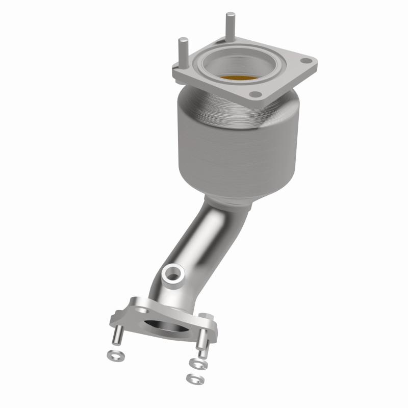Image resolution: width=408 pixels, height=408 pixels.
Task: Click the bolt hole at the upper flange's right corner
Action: coord(305,61)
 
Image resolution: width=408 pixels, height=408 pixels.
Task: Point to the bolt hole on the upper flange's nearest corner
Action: coord(253,95)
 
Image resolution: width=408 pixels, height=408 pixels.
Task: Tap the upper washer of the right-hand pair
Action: coord(195,363)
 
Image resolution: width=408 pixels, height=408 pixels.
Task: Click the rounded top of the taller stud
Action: coord(230,14)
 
